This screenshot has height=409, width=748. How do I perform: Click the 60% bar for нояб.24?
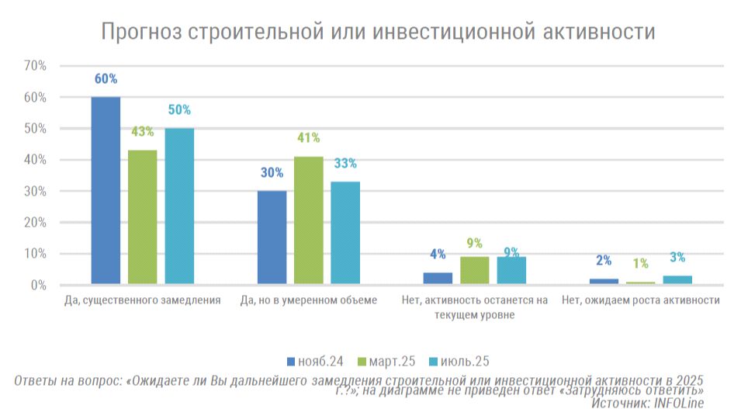point(106,191)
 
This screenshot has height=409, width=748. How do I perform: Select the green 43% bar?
point(143,217)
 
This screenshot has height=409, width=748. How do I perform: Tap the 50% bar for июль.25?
point(179,206)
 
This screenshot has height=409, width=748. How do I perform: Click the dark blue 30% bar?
point(272,237)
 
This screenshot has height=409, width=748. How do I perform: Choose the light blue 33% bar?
point(345,233)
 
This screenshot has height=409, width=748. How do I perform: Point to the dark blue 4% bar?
point(438,279)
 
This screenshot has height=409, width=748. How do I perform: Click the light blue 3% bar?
point(677,280)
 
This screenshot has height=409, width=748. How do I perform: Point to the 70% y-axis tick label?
point(36,66)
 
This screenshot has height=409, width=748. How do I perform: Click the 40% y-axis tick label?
point(36,160)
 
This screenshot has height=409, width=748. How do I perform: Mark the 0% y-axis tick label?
point(39,285)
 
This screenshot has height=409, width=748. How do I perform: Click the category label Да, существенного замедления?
point(143,300)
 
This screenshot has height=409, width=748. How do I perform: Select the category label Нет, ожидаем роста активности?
point(641,300)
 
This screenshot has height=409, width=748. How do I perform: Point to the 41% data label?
point(308,138)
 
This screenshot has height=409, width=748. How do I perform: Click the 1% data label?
point(641,263)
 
